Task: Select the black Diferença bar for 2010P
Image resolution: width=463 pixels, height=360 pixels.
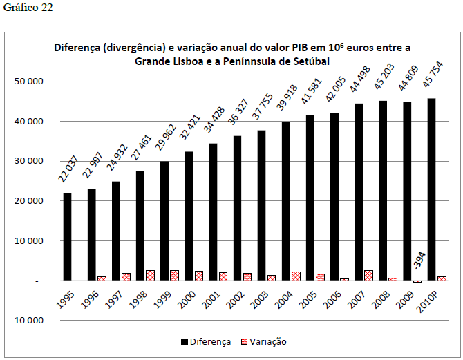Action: pos(432,189)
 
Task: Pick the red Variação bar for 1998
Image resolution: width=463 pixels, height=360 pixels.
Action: pos(150,275)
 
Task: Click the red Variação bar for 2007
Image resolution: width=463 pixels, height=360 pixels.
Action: pos(368,275)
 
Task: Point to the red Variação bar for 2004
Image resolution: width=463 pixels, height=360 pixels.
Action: pos(296,276)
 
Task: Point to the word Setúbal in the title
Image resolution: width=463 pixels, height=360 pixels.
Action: pos(310,61)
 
